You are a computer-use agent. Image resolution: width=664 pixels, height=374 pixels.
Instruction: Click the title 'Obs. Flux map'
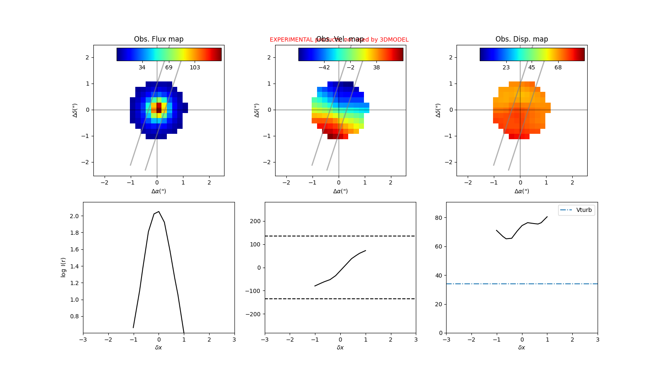pyautogui.click(x=159, y=39)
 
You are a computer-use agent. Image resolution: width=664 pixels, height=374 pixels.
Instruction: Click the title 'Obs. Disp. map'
pyautogui.click(x=522, y=39)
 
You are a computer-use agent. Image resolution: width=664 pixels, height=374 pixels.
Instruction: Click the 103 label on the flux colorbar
pyautogui.click(x=195, y=67)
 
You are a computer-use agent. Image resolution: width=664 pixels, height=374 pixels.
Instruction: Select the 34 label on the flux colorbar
pyautogui.click(x=142, y=67)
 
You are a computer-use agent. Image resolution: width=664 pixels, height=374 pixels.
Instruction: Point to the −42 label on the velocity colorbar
pyautogui.click(x=324, y=67)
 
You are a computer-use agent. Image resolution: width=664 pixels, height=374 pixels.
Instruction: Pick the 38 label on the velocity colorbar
pyautogui.click(x=376, y=67)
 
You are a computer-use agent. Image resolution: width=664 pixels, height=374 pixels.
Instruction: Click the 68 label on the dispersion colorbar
pyautogui.click(x=558, y=67)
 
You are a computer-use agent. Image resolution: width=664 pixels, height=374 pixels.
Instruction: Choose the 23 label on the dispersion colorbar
pyautogui.click(x=506, y=67)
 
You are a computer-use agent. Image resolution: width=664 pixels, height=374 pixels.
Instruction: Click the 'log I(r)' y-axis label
pyautogui.click(x=63, y=267)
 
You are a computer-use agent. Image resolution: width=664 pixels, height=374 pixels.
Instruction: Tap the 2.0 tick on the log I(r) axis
pyautogui.click(x=74, y=216)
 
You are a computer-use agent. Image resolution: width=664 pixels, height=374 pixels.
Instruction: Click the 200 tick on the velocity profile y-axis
pyautogui.click(x=256, y=221)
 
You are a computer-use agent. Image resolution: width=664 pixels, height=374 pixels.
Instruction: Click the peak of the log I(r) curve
pyautogui.click(x=159, y=212)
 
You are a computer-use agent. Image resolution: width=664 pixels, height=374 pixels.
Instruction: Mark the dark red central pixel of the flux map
pyautogui.click(x=159, y=108)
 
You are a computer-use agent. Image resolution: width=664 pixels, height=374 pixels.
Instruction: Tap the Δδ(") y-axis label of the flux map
pyautogui.click(x=75, y=110)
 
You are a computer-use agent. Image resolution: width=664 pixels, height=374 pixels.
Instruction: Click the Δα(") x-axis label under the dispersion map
pyautogui.click(x=522, y=191)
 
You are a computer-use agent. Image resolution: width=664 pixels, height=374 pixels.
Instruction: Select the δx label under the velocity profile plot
pyautogui.click(x=340, y=347)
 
